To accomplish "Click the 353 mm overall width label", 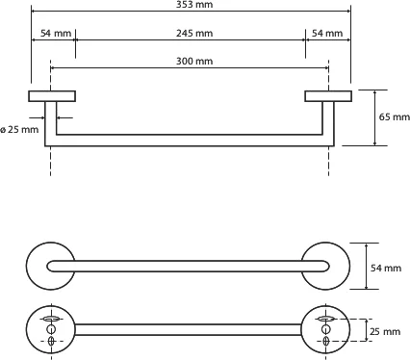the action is click(x=194, y=5).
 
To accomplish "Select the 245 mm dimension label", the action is click(x=194, y=33).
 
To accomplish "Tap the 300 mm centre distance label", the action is click(x=194, y=61).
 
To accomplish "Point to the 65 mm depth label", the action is click(x=395, y=116).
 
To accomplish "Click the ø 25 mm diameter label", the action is click(x=19, y=130).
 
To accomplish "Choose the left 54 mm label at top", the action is click(x=56, y=33).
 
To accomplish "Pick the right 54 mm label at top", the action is click(x=327, y=33).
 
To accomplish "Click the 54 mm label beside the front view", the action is click(x=386, y=268).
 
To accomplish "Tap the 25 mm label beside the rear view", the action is click(x=385, y=331).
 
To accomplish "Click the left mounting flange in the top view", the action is click(x=52, y=96).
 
